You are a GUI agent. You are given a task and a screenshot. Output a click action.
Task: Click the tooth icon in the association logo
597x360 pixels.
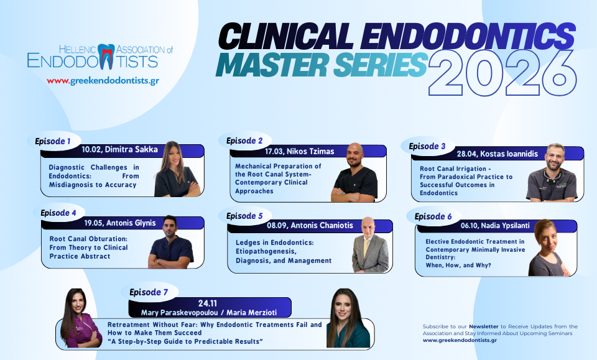pyautogui.click(x=106, y=57)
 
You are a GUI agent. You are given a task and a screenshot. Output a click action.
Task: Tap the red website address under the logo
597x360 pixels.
pyautogui.click(x=103, y=81)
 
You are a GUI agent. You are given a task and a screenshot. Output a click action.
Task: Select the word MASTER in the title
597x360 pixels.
pyautogui.click(x=272, y=65)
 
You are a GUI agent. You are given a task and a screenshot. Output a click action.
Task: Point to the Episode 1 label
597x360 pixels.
pyautogui.click(x=52, y=141)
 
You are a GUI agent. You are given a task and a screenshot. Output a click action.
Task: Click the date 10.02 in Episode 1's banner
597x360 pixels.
pyautogui.click(x=91, y=150)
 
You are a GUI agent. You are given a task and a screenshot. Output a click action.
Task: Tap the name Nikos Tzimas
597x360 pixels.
pyautogui.click(x=310, y=152)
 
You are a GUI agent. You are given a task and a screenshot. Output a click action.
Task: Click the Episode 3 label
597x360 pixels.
pyautogui.click(x=427, y=147)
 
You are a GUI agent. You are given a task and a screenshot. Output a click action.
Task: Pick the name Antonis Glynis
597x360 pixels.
pyautogui.click(x=131, y=223)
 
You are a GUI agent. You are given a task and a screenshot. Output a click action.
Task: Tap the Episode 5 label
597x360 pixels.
pyautogui.click(x=244, y=216)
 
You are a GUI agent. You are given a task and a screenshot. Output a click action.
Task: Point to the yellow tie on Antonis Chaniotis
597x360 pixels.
pyautogui.click(x=366, y=247)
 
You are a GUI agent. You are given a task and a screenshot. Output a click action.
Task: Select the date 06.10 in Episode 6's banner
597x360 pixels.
pyautogui.click(x=469, y=226)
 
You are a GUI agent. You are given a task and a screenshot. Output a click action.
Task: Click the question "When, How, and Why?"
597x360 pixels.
pyautogui.click(x=458, y=265)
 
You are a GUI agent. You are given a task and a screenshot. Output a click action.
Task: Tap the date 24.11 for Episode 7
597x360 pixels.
pyautogui.click(x=208, y=303)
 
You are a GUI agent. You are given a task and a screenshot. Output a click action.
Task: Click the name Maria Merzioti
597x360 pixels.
pyautogui.click(x=252, y=312)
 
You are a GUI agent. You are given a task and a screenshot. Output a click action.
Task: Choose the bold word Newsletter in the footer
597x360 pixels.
pyautogui.click(x=484, y=326)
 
